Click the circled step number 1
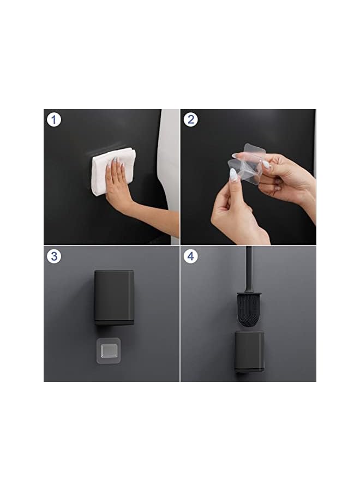[53, 119]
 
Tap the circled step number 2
[190, 119]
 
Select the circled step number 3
[53, 256]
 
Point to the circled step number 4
[190, 256]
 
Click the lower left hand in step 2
[235, 213]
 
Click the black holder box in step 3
[113, 295]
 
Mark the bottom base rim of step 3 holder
[113, 322]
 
